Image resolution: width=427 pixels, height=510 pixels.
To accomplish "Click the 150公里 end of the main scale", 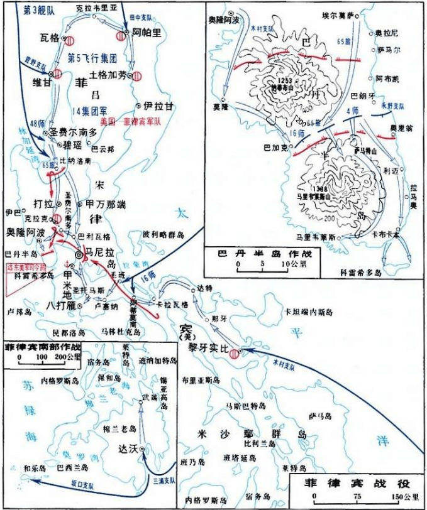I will [406, 499].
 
